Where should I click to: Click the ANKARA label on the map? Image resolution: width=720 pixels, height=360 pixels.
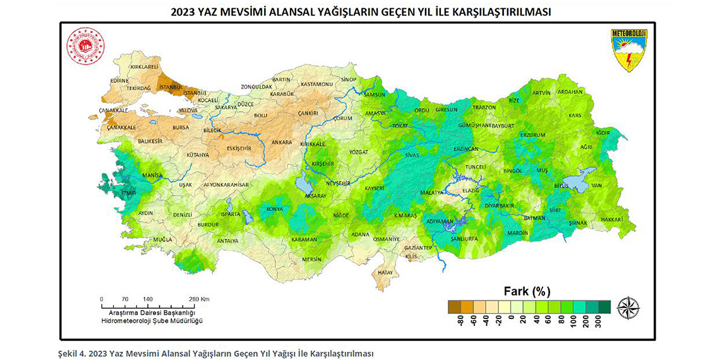(281, 142)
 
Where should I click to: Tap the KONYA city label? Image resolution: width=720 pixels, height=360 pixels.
(275, 209)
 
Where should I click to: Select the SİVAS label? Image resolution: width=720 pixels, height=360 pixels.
(411, 154)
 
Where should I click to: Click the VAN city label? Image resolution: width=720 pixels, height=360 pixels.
(596, 185)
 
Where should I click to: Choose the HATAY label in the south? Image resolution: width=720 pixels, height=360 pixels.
(385, 272)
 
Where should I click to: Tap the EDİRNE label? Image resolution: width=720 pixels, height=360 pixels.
(119, 81)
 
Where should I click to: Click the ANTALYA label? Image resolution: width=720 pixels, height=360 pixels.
(227, 241)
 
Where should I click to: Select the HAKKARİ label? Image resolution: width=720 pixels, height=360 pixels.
(611, 219)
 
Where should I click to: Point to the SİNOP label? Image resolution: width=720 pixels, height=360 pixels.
(349, 80)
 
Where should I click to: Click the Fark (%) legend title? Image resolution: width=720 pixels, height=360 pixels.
(527, 291)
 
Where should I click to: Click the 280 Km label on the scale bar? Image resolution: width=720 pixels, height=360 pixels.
(200, 299)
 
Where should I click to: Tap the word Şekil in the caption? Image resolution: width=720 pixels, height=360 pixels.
(68, 353)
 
